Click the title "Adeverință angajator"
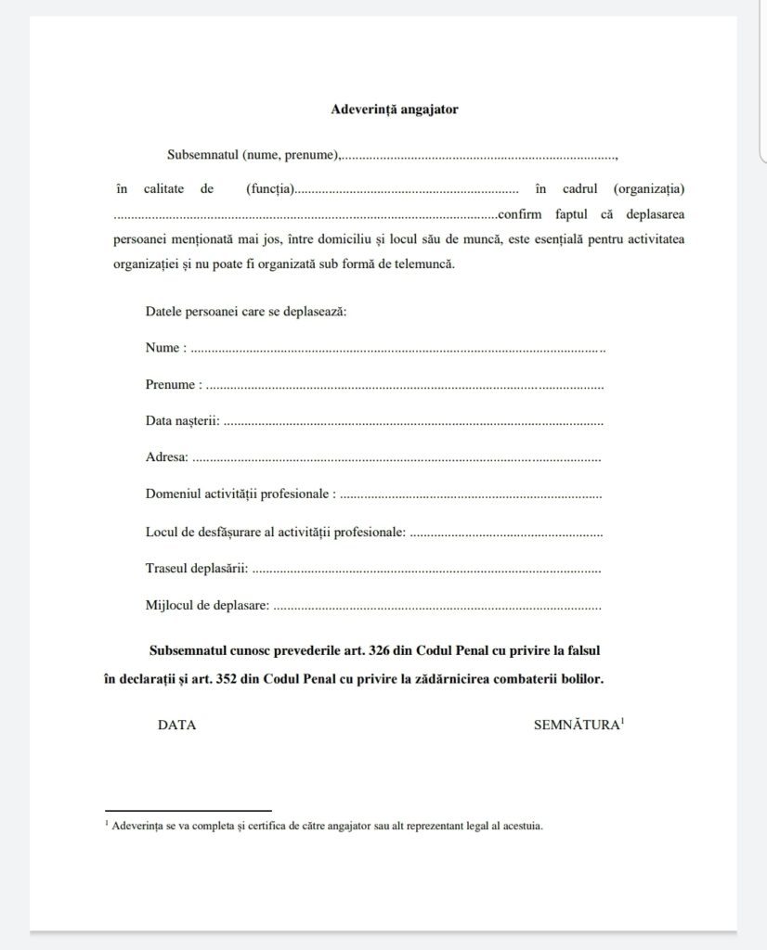click(395, 109)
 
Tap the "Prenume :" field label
click(174, 384)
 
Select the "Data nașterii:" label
click(183, 420)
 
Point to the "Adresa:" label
click(167, 456)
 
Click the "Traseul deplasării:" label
click(196, 568)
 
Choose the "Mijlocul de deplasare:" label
click(207, 605)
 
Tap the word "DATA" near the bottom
click(176, 725)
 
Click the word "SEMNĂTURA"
click(576, 725)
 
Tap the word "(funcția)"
click(270, 189)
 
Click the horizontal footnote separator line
click(188, 810)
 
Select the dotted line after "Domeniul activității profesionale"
click(471, 494)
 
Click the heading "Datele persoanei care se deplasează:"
click(246, 311)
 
